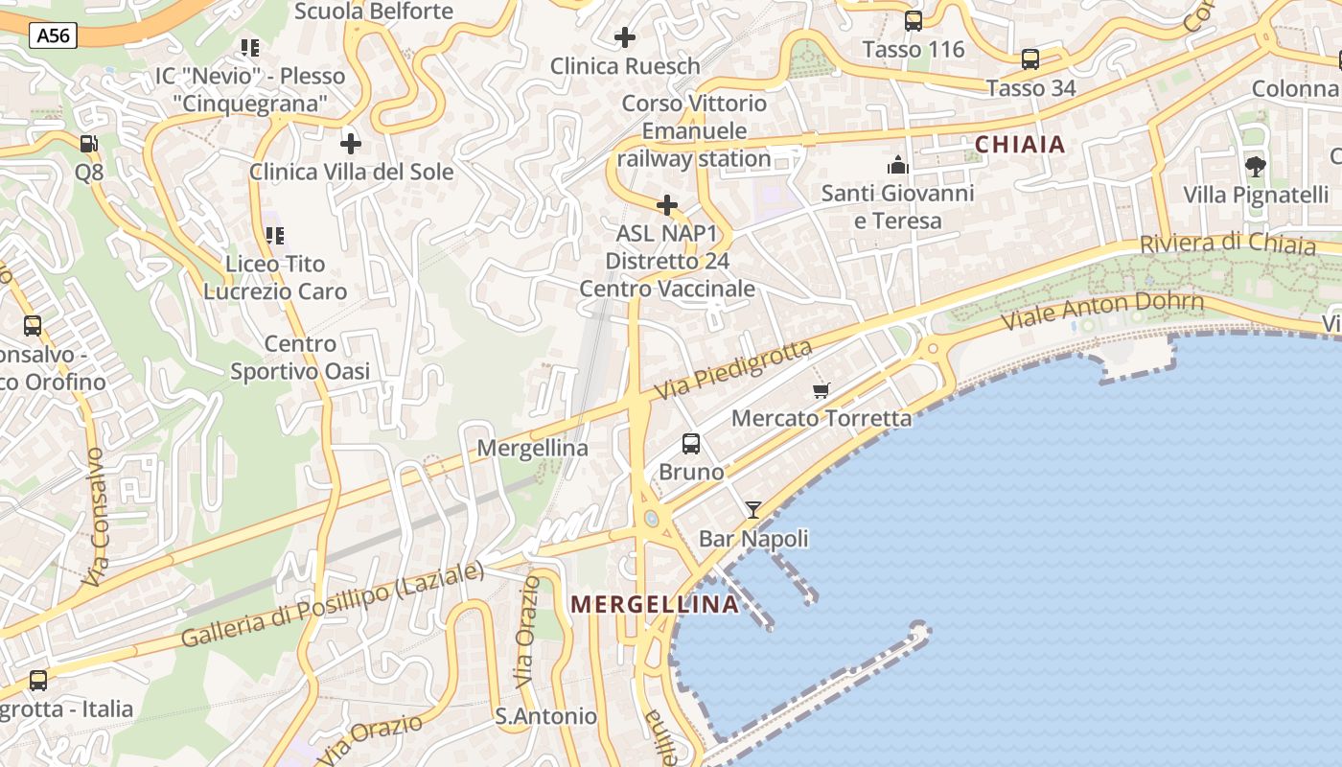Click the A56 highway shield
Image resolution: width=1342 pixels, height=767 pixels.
tap(53, 36)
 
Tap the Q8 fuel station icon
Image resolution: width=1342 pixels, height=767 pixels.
tap(88, 144)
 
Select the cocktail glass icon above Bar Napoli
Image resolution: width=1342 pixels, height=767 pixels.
tap(753, 509)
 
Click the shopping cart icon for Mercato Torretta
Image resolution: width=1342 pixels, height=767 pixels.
tap(821, 390)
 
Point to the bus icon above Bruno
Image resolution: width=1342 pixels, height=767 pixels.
tap(691, 444)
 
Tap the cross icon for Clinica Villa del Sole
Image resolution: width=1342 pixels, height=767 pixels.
tap(351, 144)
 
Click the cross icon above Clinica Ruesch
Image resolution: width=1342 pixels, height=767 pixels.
tap(625, 37)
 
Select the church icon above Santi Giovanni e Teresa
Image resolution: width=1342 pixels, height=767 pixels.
tap(898, 165)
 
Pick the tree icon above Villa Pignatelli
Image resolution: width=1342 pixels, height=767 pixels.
tap(1255, 167)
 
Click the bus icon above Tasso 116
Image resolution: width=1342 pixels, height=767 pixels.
tap(914, 21)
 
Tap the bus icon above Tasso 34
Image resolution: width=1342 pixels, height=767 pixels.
tap(1030, 59)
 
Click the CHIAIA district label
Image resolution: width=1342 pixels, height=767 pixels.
tap(1020, 145)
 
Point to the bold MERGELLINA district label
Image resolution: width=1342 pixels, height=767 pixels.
tap(656, 604)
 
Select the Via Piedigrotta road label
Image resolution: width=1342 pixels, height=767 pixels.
tap(733, 370)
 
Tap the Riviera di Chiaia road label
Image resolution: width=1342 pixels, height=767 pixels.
tap(1227, 243)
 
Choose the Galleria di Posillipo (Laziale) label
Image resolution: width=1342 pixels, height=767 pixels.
tap(333, 605)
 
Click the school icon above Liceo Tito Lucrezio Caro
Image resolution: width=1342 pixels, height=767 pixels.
tap(275, 236)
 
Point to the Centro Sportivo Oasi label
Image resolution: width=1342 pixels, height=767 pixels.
tap(300, 358)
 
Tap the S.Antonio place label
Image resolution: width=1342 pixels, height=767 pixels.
tap(545, 716)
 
